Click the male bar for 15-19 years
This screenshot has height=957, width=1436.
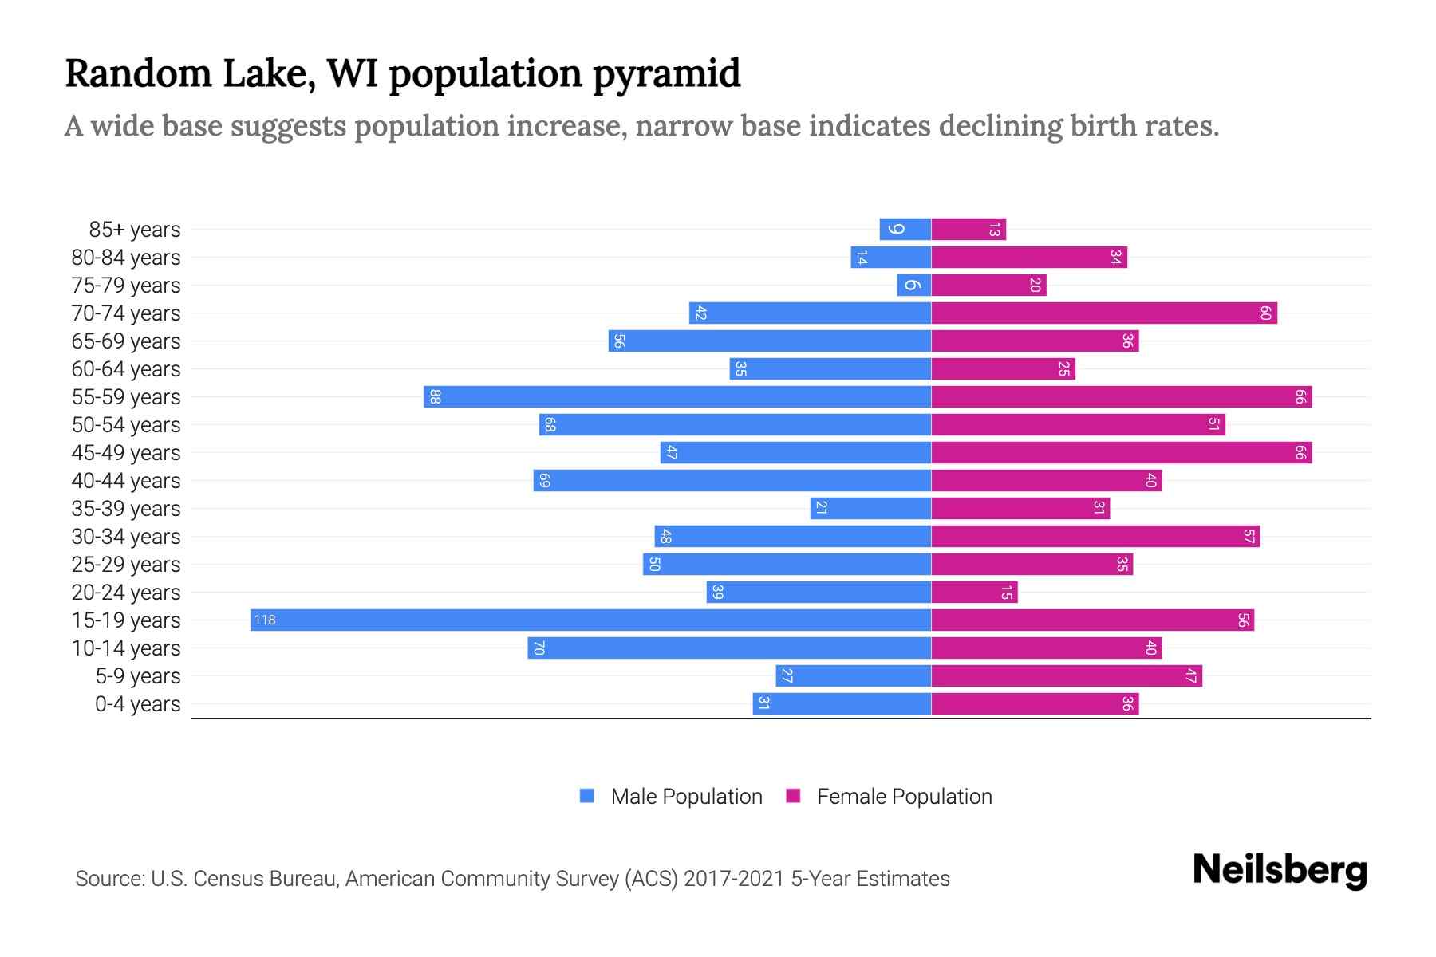(590, 620)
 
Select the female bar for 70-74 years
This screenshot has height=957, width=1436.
(1104, 313)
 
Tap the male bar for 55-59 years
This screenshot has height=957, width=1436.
(677, 396)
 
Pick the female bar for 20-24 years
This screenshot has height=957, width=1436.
(974, 592)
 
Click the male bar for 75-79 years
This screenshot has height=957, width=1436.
(913, 285)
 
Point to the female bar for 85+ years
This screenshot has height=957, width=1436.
(969, 229)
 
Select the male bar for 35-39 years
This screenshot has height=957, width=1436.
(870, 508)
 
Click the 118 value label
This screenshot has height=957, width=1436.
(265, 620)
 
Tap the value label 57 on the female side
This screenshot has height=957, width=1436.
(1249, 536)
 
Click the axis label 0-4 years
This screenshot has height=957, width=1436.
(137, 704)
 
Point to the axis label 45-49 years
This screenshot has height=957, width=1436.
(126, 453)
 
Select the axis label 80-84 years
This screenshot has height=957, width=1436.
(126, 258)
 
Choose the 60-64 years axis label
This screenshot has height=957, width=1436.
(126, 369)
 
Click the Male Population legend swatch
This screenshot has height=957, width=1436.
(587, 796)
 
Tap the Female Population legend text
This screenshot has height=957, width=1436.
(904, 796)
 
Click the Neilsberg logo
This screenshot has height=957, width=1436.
(1280, 870)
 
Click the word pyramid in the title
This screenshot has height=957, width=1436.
(666, 73)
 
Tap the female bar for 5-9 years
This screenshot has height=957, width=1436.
(1067, 675)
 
